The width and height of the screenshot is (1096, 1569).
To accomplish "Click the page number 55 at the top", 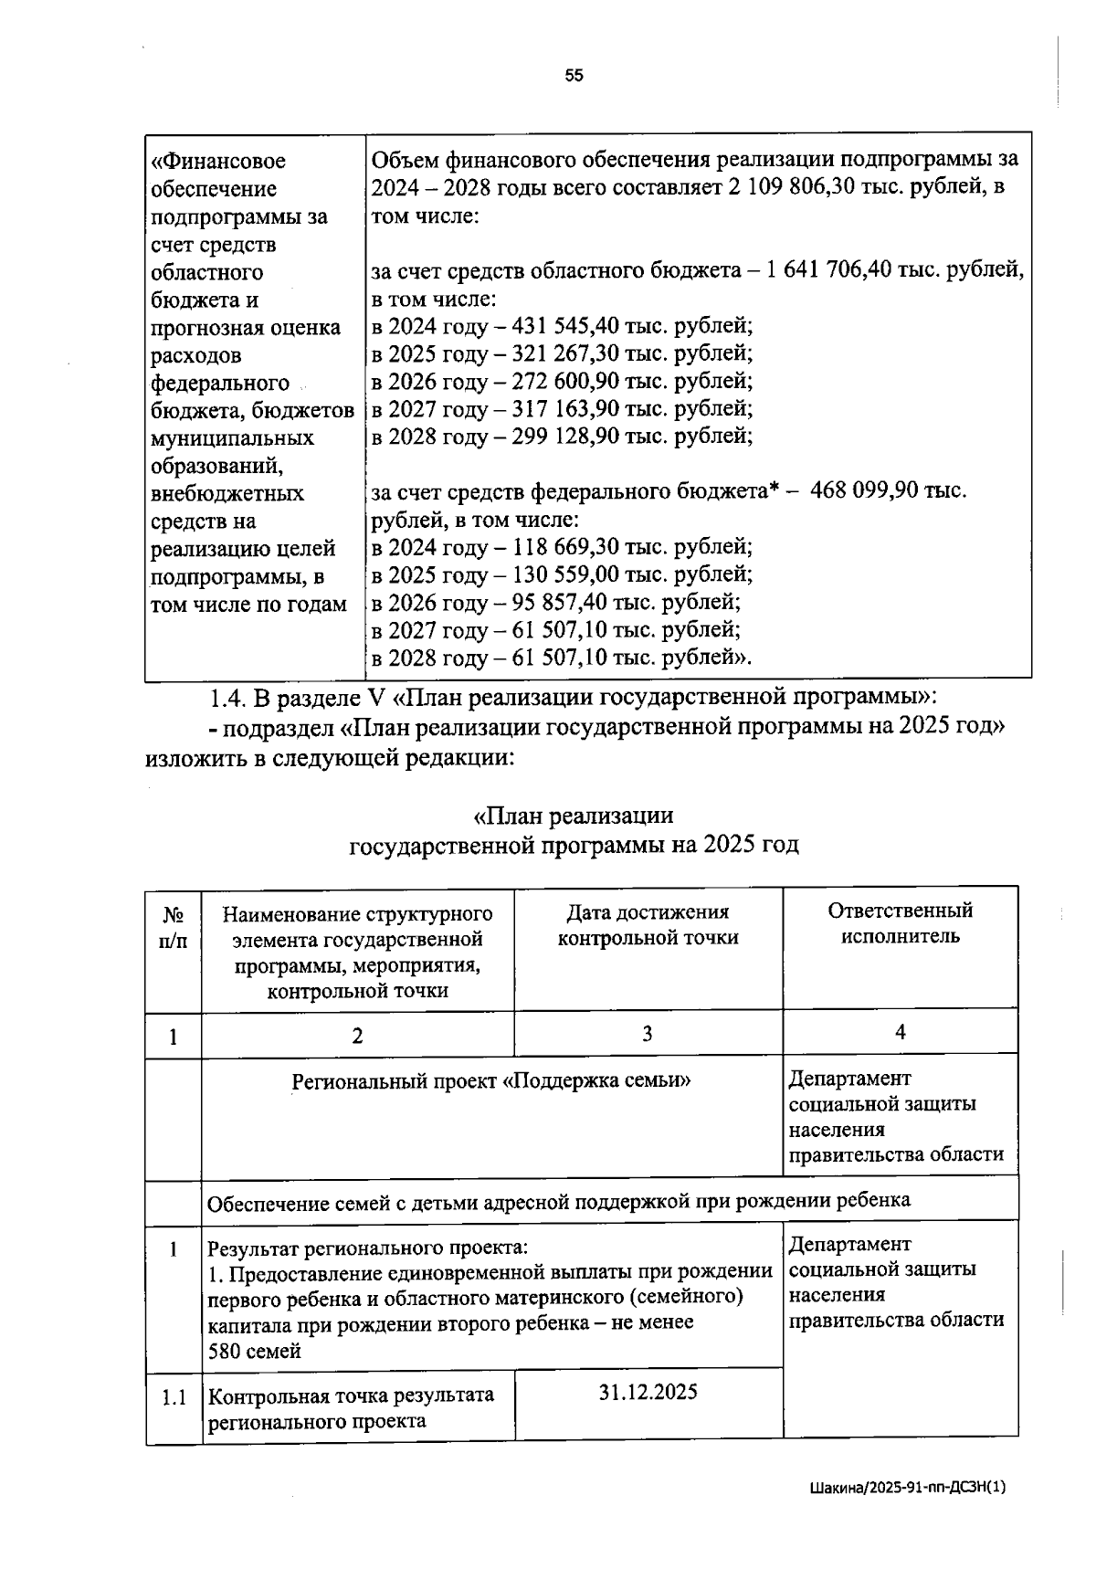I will (x=574, y=76).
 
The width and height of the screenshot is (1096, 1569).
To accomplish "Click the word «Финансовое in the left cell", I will (x=218, y=162).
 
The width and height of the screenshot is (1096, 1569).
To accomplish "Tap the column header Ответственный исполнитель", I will (x=900, y=922).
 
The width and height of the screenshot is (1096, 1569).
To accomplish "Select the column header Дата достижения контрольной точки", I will (x=648, y=924).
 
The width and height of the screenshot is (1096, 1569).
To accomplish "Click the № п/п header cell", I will (x=173, y=927).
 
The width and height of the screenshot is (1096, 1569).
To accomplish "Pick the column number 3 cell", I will (x=647, y=1034).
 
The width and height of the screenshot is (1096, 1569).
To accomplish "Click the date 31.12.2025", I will (x=648, y=1392).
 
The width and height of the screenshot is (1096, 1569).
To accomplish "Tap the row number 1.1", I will (x=174, y=1396).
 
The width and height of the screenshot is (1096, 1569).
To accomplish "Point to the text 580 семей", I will (x=255, y=1351).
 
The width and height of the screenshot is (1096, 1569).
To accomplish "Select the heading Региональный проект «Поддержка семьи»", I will (x=491, y=1081).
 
